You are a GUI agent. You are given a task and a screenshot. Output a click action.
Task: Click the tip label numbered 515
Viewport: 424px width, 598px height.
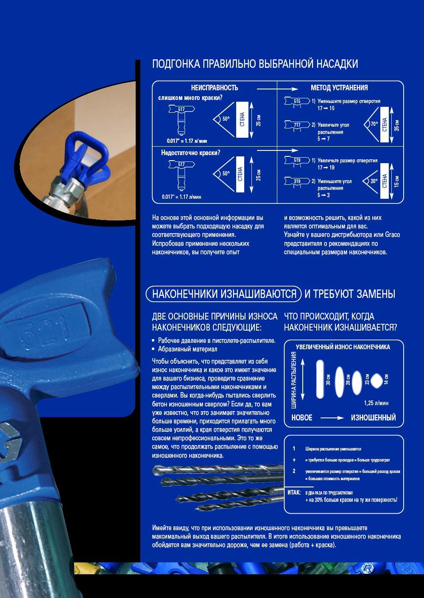pos(297,101)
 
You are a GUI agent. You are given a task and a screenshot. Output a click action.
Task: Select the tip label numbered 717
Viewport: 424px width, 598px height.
pos(297,125)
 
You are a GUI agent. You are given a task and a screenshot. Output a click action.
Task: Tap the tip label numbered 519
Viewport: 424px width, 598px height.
pos(297,160)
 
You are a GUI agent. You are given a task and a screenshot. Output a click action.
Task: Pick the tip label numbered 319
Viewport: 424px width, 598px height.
pos(297,181)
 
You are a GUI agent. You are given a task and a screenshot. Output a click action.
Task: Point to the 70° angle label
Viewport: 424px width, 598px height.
pos(374,124)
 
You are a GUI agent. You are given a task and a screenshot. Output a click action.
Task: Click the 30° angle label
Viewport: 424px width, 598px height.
pos(374,181)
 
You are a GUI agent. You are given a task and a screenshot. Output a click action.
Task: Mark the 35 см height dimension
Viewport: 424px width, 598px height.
pos(397,125)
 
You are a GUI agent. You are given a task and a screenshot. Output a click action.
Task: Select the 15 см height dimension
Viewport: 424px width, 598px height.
pos(397,181)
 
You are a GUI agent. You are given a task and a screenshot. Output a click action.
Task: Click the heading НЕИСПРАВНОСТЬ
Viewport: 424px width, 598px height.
pos(215,88)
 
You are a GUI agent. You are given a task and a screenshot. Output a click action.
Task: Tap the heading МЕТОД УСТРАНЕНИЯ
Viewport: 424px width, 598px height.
pos(339,88)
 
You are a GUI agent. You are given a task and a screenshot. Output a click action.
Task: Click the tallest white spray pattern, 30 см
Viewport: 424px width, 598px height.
pos(320,379)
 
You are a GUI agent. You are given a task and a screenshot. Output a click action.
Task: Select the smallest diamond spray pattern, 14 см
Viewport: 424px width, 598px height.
pos(377,381)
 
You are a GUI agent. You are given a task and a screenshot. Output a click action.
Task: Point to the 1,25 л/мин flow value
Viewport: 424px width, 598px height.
pos(376,403)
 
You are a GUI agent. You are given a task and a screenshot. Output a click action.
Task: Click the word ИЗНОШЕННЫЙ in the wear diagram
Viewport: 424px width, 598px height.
pos(373,417)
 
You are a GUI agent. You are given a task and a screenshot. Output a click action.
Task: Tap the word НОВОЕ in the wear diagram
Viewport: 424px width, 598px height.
pos(302,417)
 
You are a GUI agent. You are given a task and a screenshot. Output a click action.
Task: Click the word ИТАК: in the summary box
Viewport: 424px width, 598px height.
pos(294,492)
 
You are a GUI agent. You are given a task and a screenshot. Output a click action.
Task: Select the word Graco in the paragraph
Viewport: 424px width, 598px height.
pos(393,235)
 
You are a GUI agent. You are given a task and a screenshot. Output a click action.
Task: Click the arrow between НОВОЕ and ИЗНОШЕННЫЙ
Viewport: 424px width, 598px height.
pos(332,418)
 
